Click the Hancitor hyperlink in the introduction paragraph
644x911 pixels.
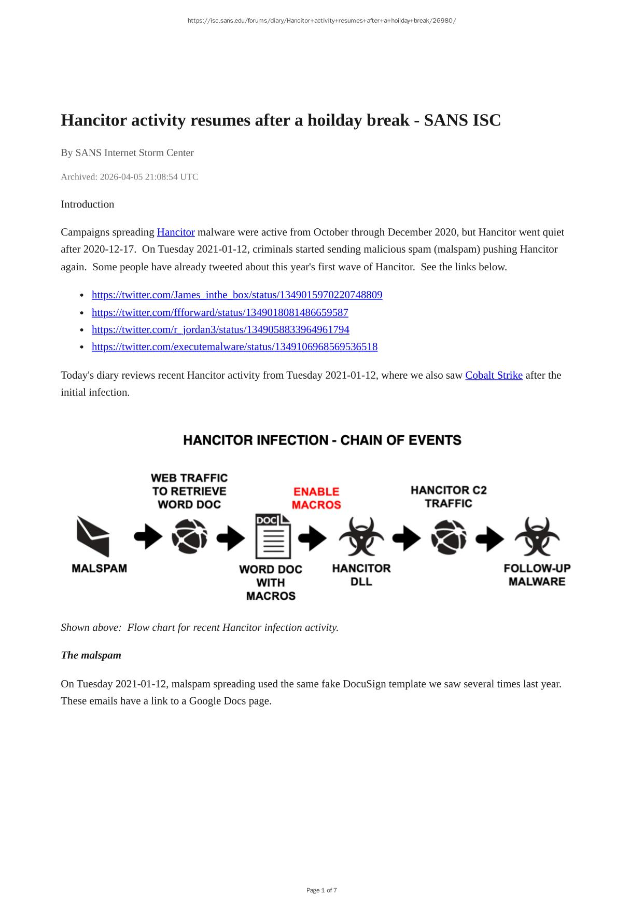pyautogui.click(x=176, y=232)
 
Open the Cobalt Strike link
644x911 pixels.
pyautogui.click(x=494, y=375)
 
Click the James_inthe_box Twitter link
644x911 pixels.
pyautogui.click(x=237, y=295)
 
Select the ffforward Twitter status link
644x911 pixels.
pyautogui.click(x=220, y=312)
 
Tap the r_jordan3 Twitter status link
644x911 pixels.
pyautogui.click(x=220, y=329)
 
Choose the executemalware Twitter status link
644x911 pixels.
pyautogui.click(x=234, y=347)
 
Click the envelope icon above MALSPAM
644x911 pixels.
pyautogui.click(x=93, y=536)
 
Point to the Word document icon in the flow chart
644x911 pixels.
pyautogui.click(x=273, y=536)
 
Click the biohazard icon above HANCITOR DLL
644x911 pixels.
pyautogui.click(x=361, y=536)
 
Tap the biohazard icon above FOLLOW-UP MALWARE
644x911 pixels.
pyautogui.click(x=537, y=536)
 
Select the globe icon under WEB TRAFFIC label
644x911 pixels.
pyautogui.click(x=189, y=536)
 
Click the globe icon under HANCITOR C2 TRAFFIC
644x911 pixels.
pyautogui.click(x=449, y=536)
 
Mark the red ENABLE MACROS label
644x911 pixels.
pyautogui.click(x=316, y=498)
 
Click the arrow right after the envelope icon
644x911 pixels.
pyautogui.click(x=148, y=537)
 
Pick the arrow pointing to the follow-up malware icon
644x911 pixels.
pyautogui.click(x=489, y=538)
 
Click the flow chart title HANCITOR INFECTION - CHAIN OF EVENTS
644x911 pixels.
pyautogui.click(x=322, y=440)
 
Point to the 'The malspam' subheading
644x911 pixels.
pyautogui.click(x=91, y=655)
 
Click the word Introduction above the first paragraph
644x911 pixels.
pyautogui.click(x=87, y=204)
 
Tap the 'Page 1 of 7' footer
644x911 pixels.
pyautogui.click(x=321, y=890)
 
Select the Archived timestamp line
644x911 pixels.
pyautogui.click(x=130, y=177)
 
